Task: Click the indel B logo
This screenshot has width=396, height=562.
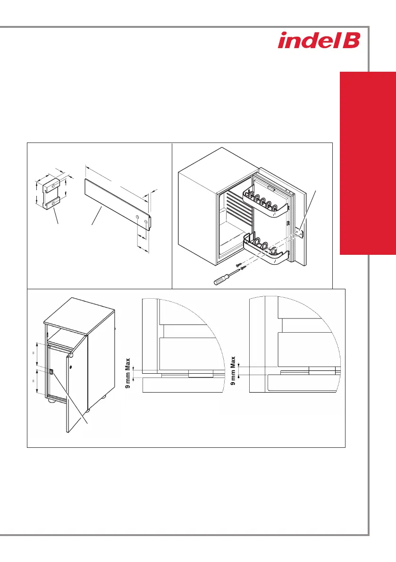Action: point(319,40)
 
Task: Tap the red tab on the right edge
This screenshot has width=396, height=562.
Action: point(368,163)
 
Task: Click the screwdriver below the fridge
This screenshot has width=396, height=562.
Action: point(227,277)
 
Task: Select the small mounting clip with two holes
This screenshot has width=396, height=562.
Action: point(51,193)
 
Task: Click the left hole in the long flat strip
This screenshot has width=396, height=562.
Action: point(138,217)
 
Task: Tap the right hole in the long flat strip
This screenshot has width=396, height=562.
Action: point(145,222)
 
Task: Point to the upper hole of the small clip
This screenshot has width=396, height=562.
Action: point(53,185)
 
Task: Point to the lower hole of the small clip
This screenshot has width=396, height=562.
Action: point(54,203)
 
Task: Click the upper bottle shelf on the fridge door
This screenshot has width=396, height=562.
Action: point(266,203)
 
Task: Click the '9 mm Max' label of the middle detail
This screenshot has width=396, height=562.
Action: point(128,373)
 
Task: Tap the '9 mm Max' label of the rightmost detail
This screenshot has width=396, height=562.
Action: point(233,370)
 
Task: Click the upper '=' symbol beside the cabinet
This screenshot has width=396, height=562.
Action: point(34,353)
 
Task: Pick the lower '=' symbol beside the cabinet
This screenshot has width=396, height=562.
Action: point(34,381)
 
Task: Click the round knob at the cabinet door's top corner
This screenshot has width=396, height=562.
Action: point(71,355)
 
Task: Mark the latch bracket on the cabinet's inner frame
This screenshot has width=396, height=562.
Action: point(51,372)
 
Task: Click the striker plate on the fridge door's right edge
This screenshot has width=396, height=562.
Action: point(302,234)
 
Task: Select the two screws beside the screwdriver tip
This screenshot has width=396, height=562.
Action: point(241,266)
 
